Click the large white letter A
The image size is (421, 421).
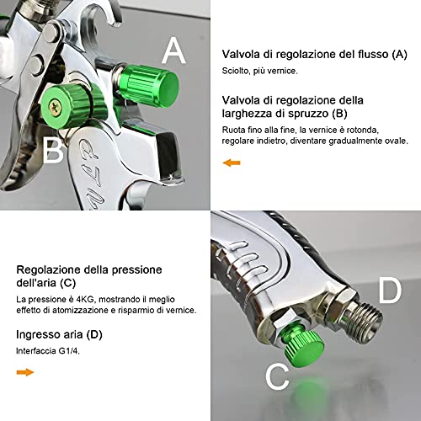point(173,51)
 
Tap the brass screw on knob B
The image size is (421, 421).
point(56,107)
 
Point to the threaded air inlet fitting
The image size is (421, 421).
point(358,321)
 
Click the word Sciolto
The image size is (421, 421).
point(236,73)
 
